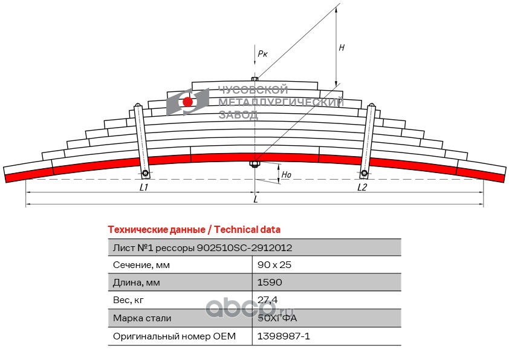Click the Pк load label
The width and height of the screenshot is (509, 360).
[262, 54]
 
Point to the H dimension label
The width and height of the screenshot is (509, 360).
[342, 48]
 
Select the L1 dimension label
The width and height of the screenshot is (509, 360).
[144, 188]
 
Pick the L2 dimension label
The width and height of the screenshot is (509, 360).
[362, 188]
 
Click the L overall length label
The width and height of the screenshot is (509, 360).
[256, 200]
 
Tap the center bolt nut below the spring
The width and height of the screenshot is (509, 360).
[254, 164]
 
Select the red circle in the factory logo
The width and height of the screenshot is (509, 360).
[188, 102]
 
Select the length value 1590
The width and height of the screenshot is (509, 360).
[269, 283]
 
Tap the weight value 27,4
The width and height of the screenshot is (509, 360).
[268, 300]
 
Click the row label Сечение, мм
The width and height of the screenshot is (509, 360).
[141, 265]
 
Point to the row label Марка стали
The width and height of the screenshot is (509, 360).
[142, 318]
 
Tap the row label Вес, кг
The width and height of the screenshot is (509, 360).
[129, 300]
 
